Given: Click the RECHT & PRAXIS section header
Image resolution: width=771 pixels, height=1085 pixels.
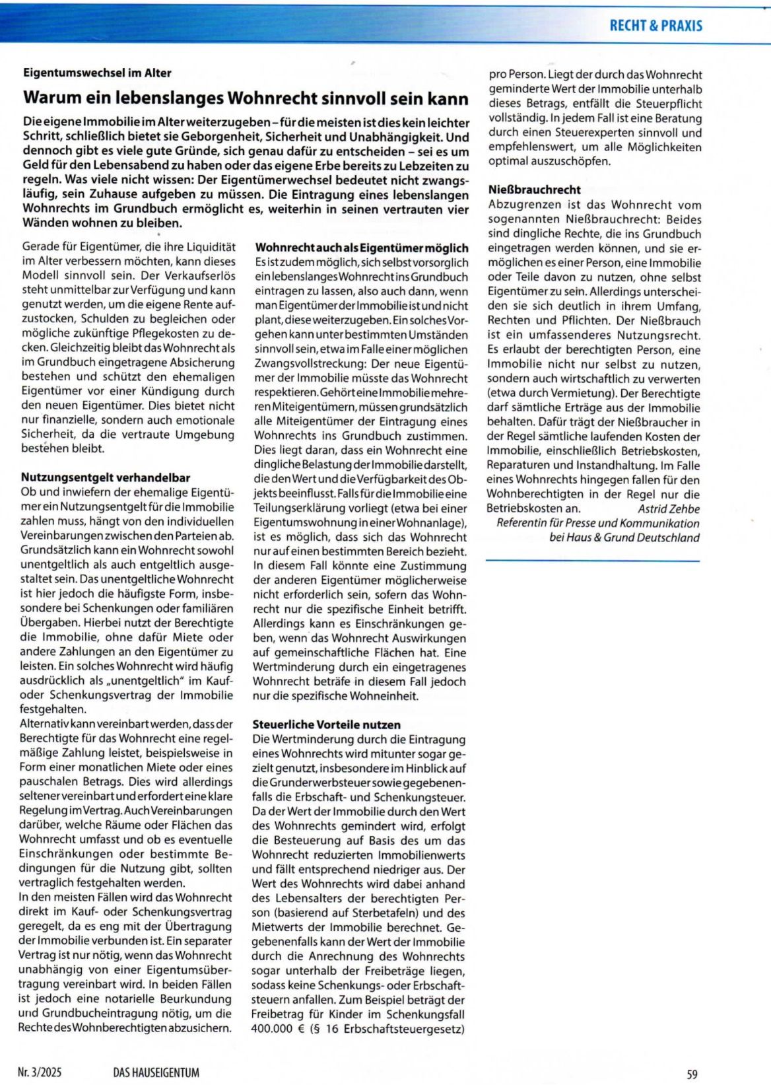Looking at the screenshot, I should [x=655, y=26].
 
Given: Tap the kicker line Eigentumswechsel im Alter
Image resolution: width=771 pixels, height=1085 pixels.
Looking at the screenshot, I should [x=97, y=73].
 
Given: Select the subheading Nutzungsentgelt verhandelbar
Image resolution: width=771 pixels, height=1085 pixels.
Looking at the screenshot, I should [x=106, y=477].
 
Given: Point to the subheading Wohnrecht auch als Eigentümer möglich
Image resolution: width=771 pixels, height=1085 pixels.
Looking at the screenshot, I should [x=362, y=248].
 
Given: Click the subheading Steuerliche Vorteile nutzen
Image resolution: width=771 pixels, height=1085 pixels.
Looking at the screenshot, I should [x=326, y=724].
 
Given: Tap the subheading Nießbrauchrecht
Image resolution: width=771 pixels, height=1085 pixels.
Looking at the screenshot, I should [x=535, y=190].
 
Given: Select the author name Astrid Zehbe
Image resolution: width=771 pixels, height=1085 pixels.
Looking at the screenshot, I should [x=668, y=508].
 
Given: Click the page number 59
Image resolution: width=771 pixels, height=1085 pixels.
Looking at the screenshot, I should [x=692, y=1074].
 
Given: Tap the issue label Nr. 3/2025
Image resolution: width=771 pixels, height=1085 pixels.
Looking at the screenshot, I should [x=40, y=1072].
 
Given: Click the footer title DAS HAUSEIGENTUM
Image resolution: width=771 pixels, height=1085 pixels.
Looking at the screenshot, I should [x=156, y=1072].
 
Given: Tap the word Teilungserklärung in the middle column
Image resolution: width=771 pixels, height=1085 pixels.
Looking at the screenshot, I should [x=299, y=508].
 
